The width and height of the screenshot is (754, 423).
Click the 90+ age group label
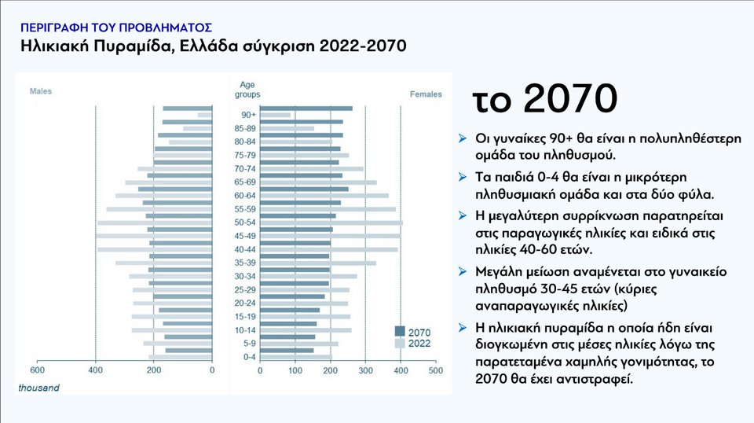click(x=248, y=115)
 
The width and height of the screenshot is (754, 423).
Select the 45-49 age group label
click(x=245, y=235)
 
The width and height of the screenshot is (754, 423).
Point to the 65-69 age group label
click(x=245, y=182)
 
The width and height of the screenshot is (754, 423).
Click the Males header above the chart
click(x=41, y=92)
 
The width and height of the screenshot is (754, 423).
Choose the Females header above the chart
click(x=426, y=94)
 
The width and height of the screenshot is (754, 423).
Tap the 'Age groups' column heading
click(x=247, y=90)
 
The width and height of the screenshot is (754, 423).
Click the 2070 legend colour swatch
click(x=400, y=331)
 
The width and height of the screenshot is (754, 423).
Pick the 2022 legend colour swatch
click(x=400, y=344)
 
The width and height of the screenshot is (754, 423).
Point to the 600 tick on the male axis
click(x=37, y=370)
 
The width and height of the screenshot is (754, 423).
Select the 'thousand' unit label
click(x=38, y=388)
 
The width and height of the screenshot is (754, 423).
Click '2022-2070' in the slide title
click(x=363, y=46)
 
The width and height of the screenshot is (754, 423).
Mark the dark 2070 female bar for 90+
click(x=306, y=109)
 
